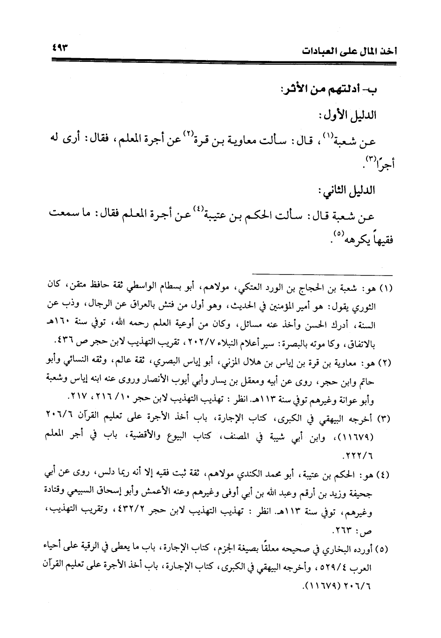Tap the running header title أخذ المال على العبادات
(x=345, y=51)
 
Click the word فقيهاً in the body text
(x=379, y=242)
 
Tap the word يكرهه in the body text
(x=353, y=242)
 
